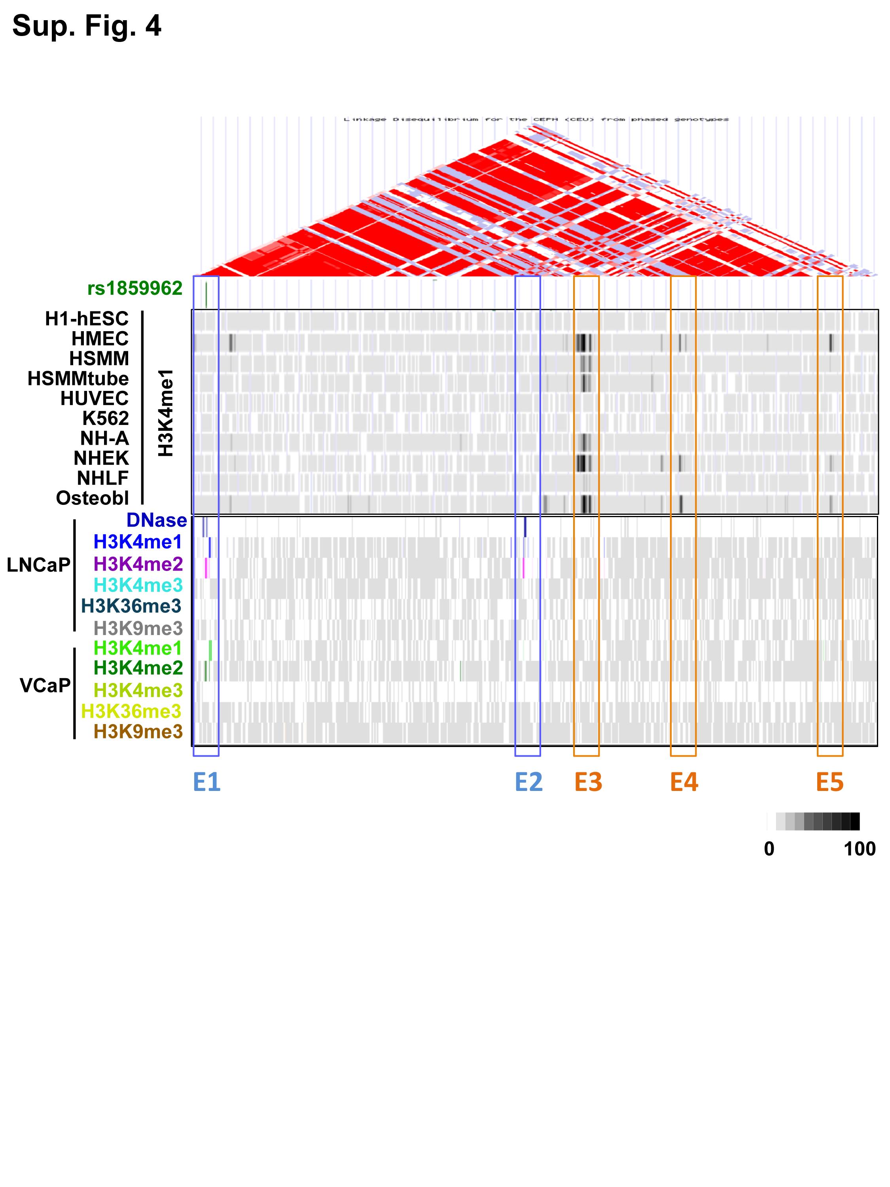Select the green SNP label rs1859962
click(134, 289)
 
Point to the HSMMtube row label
click(78, 379)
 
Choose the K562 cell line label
click(105, 419)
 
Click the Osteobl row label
click(92, 499)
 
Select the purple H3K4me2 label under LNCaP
click(138, 564)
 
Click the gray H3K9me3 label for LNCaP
click(138, 628)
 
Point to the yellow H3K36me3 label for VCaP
click(131, 711)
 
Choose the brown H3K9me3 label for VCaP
click(138, 732)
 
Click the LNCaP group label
click(38, 565)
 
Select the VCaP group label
click(45, 686)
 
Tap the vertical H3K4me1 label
click(166, 413)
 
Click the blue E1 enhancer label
click(206, 782)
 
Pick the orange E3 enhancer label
click(588, 782)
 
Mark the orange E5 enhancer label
click(829, 782)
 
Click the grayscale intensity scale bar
click(813, 821)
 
